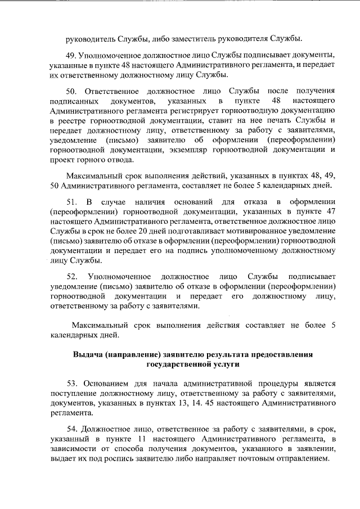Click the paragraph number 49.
[71, 56]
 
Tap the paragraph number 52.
[72, 276]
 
